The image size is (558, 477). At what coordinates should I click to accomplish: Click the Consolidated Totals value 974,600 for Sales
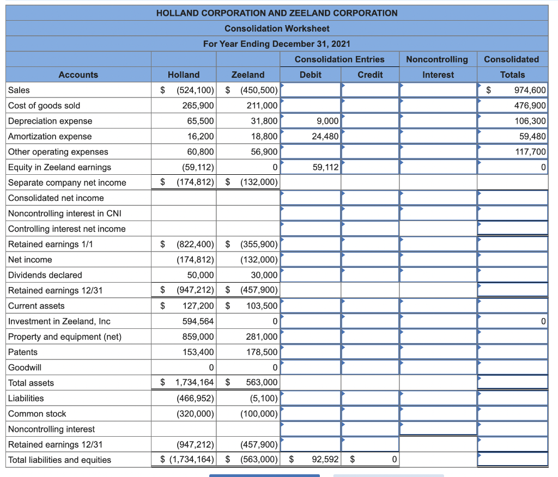tap(530, 90)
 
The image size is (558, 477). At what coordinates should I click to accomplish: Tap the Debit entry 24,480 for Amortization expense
tap(325, 136)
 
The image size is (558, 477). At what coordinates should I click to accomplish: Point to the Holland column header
tap(184, 75)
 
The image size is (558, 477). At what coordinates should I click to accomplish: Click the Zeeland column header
tap(248, 75)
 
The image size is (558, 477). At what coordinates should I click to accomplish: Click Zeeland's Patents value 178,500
tap(262, 352)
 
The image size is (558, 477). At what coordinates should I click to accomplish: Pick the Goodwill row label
tap(25, 368)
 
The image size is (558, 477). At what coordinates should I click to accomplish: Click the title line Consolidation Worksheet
tap(277, 28)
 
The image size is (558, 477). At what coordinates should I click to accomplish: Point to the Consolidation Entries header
tap(339, 59)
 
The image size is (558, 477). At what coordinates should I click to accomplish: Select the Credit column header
tap(370, 75)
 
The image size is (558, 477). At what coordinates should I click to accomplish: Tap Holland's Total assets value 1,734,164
tap(195, 383)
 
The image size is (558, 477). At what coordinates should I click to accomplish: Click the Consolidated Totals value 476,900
tap(530, 106)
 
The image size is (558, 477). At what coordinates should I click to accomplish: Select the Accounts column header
tap(78, 75)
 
